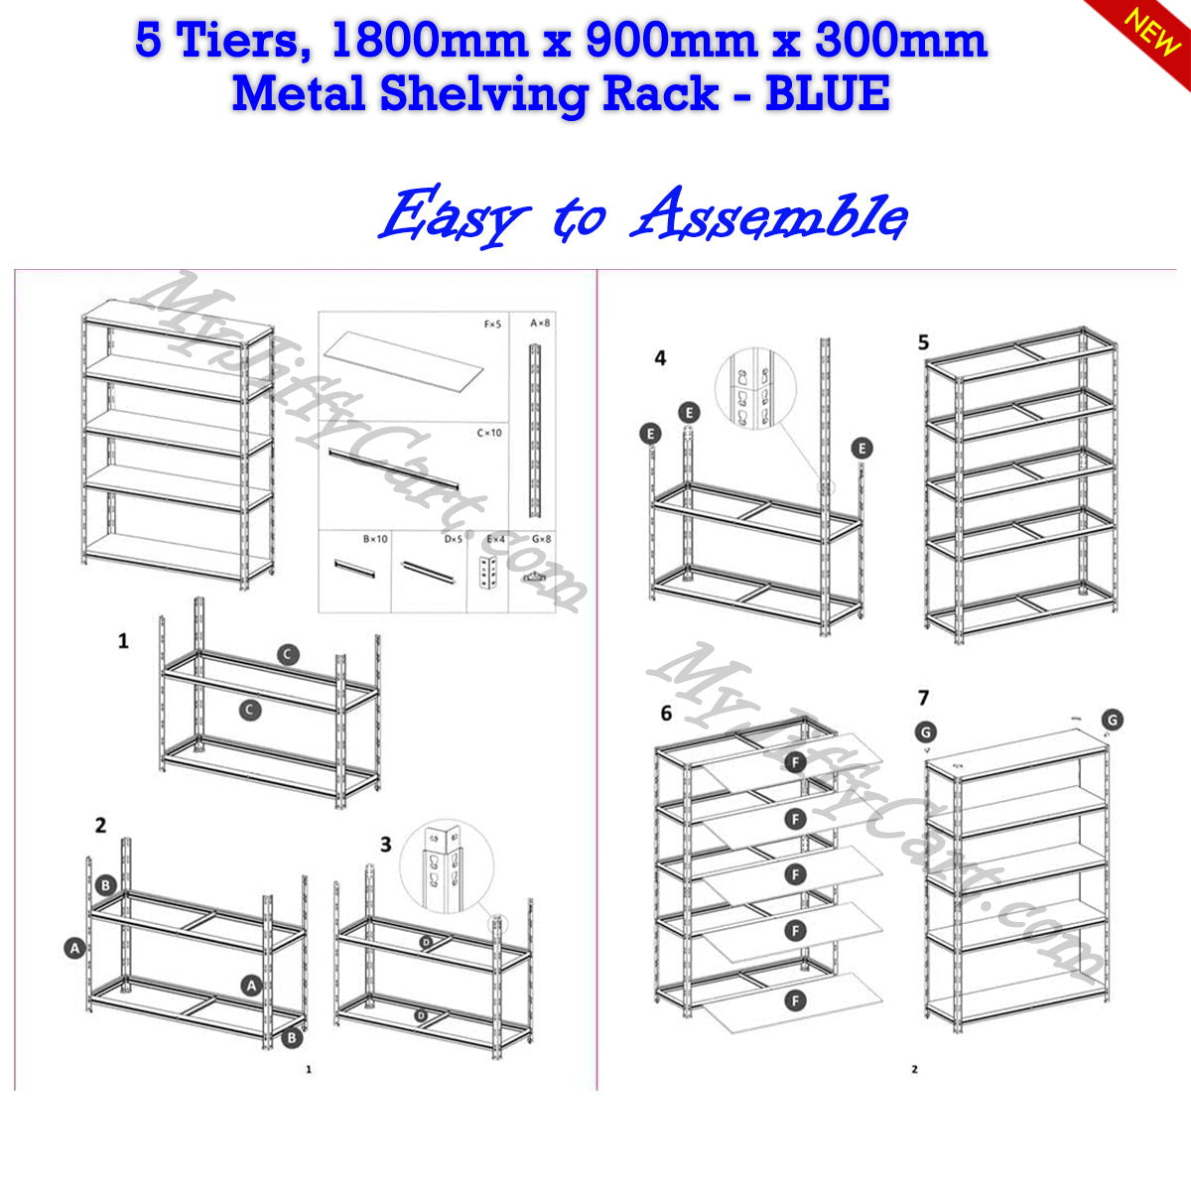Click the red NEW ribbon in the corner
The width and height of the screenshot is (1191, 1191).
point(1151,30)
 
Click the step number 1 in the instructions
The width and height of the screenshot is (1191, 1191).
point(123,641)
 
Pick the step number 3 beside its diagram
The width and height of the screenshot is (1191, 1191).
point(386,844)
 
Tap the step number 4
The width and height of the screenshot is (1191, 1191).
point(661,358)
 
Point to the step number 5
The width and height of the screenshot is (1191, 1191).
point(924,342)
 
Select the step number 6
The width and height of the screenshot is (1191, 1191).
point(666,713)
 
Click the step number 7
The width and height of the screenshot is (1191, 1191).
point(924,698)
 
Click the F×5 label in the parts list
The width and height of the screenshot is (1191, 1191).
point(492,324)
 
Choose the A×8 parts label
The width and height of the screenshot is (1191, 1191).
point(539,324)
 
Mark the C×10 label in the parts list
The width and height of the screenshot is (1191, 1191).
point(489,433)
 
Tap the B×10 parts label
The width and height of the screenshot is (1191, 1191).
point(375,539)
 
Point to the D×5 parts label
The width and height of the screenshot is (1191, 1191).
point(454,539)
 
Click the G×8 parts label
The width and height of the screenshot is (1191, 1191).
point(541,539)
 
